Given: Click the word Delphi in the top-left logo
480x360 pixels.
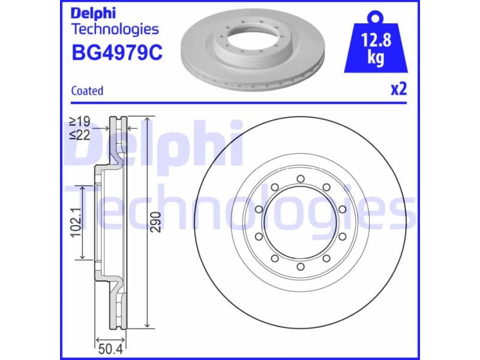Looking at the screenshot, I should point(94,13).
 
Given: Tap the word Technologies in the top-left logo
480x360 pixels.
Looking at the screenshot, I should point(115,29).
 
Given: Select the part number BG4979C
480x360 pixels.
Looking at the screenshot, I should point(117,53).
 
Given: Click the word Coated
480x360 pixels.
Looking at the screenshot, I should point(87,91).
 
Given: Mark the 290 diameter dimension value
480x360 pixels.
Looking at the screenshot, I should point(157,223).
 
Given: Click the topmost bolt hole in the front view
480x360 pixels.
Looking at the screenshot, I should point(300,179).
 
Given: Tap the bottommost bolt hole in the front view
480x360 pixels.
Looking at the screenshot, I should point(300,266).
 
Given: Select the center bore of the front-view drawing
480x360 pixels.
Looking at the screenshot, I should point(300,223).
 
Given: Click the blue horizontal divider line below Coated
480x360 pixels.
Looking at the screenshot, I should point(240,103).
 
